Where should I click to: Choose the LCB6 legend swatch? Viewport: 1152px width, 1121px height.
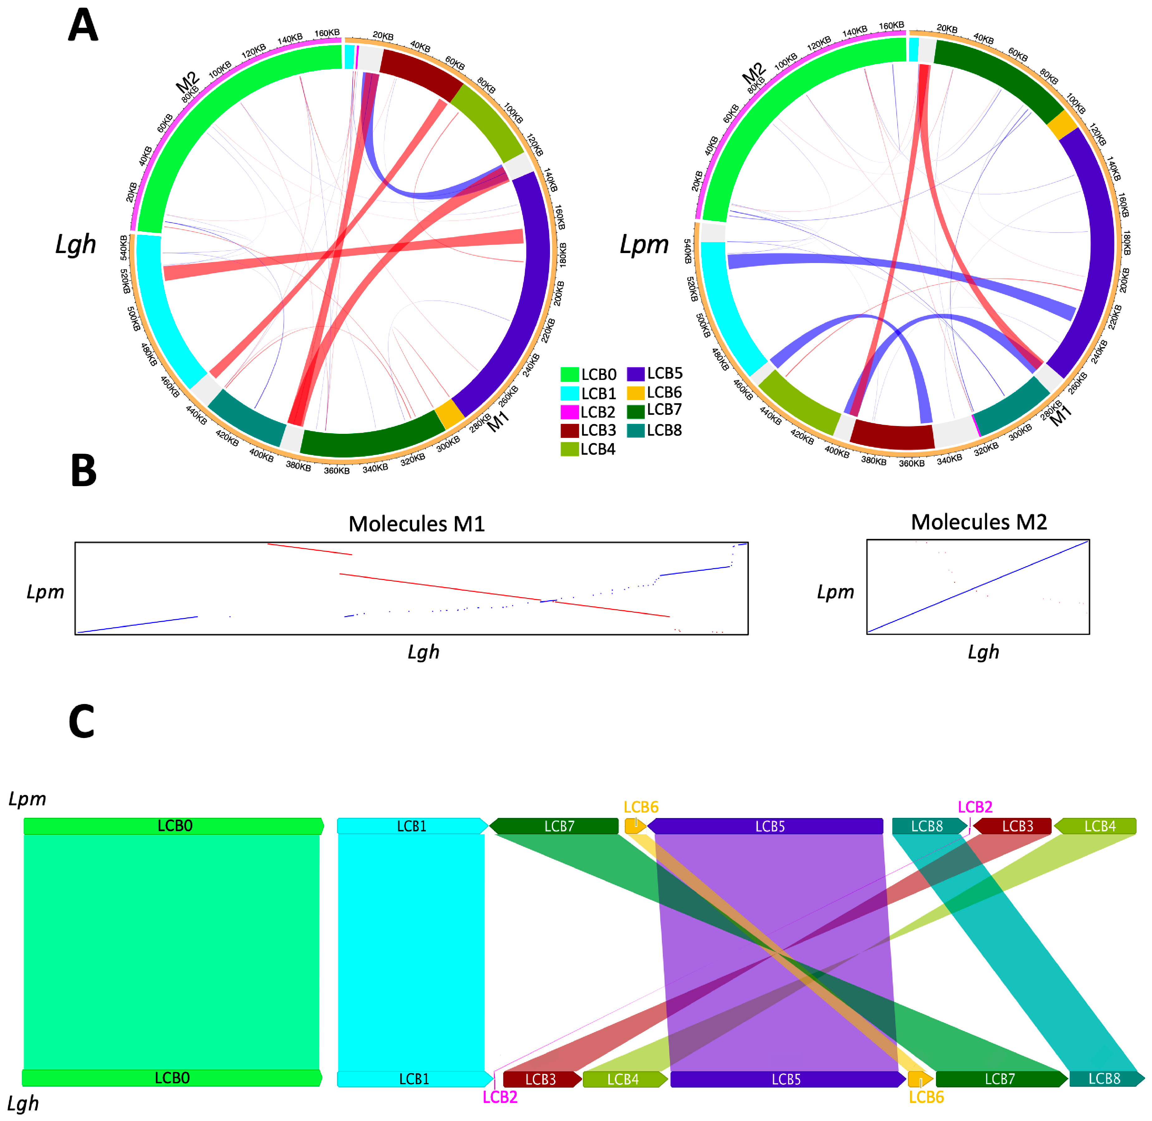pos(635,393)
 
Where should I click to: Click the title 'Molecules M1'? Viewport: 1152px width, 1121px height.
pos(417,523)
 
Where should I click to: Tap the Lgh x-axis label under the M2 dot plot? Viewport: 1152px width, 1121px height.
pos(983,652)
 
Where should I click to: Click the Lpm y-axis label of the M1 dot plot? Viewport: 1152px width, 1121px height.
pos(45,592)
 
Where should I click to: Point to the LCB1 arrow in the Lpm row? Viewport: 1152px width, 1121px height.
pos(412,826)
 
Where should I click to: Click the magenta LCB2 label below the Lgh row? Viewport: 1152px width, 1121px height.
pos(499,1097)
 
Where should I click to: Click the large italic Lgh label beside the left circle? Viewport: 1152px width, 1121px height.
pos(76,244)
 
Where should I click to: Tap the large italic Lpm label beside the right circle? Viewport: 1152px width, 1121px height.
pos(644,244)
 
